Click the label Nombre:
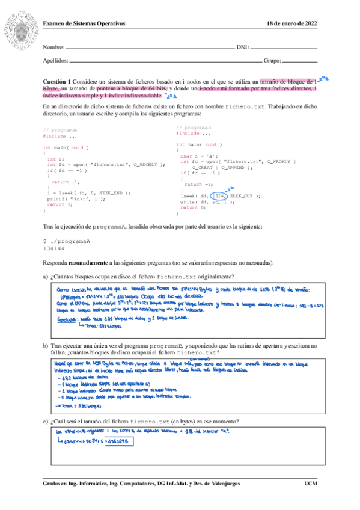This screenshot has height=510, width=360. pos(53,47)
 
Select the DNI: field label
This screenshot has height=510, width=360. pos(243,47)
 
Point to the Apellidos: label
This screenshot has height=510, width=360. pos(56,61)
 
